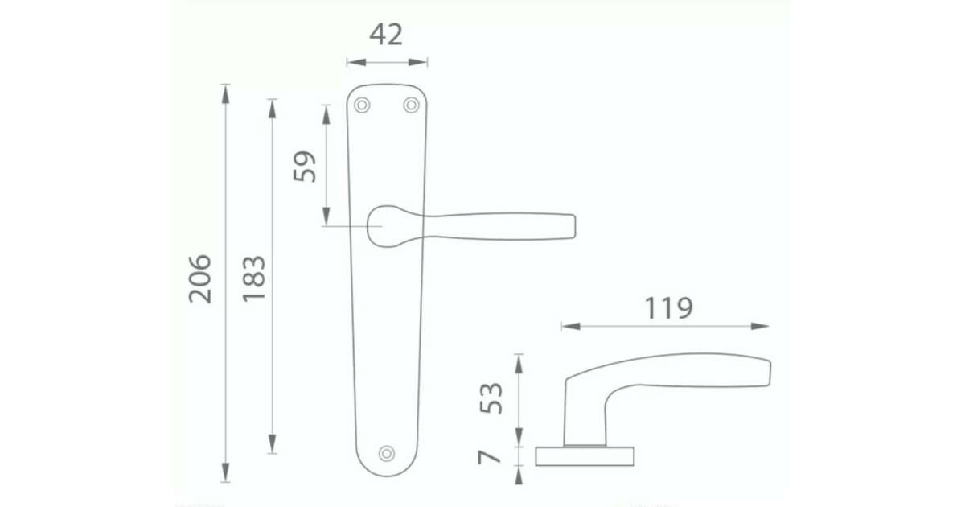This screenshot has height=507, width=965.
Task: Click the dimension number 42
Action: pos(386,35)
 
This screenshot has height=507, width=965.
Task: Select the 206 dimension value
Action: pos(200,279)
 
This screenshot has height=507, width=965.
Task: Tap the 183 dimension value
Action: pos(254,279)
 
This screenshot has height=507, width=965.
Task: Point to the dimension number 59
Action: pos(305,167)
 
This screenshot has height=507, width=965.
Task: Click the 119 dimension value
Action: pos(668,307)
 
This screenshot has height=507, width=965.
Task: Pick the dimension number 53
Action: pos(491,398)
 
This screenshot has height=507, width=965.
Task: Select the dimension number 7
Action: pos(490,456)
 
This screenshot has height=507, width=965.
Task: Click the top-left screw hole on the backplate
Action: pos(362,105)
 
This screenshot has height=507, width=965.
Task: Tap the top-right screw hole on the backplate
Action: pos(411,105)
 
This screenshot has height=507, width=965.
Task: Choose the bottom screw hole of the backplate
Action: pos(387,453)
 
